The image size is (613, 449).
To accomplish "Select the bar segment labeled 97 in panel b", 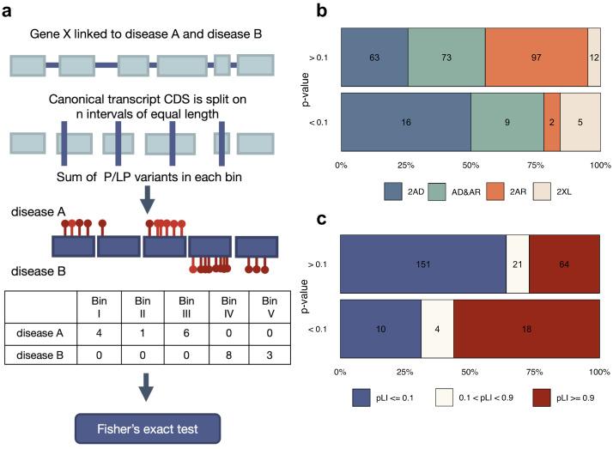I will pos(537,56).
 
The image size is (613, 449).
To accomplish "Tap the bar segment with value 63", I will pos(374,56).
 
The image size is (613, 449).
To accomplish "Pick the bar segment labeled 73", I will pos(446,56).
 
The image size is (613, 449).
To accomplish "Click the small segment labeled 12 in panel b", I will pos(594,56).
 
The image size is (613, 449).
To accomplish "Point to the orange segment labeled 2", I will pos(552,123).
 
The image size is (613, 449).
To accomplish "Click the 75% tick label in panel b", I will pos(535,163).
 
